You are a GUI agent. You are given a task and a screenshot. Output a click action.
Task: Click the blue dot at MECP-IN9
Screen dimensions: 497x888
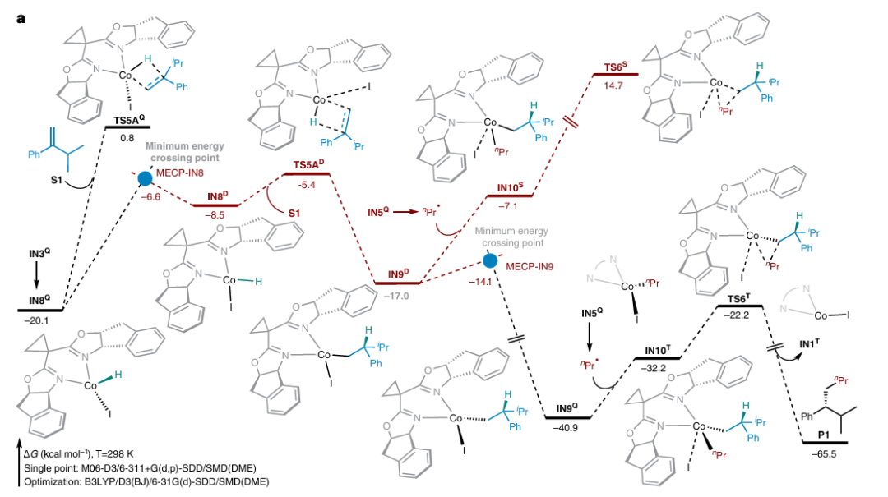(490, 261)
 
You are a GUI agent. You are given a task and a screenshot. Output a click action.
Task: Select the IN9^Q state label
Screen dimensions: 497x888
(567, 409)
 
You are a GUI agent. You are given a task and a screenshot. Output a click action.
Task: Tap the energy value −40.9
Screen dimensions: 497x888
(567, 427)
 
